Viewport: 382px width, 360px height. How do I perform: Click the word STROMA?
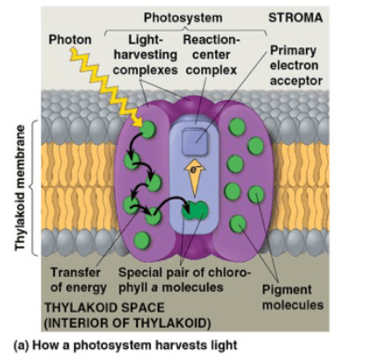[295, 18]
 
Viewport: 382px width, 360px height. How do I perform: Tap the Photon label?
[70, 40]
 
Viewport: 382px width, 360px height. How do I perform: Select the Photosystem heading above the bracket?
[183, 18]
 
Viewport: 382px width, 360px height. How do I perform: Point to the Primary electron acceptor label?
[296, 65]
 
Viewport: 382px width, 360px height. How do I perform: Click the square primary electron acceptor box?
[195, 142]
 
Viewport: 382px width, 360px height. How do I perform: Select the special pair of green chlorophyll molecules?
[195, 211]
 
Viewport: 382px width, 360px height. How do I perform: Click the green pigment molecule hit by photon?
[148, 129]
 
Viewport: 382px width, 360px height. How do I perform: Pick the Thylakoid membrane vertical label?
[20, 187]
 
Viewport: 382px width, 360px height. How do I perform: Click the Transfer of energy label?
[78, 280]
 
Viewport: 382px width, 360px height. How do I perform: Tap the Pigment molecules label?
[293, 297]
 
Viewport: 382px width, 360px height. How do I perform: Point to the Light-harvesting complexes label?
[146, 55]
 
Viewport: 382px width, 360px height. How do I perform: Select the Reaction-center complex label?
[211, 55]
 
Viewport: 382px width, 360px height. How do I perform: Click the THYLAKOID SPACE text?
[105, 308]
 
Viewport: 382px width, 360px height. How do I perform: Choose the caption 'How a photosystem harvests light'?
[134, 345]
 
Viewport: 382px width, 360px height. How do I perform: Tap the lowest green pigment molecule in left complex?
[142, 239]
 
